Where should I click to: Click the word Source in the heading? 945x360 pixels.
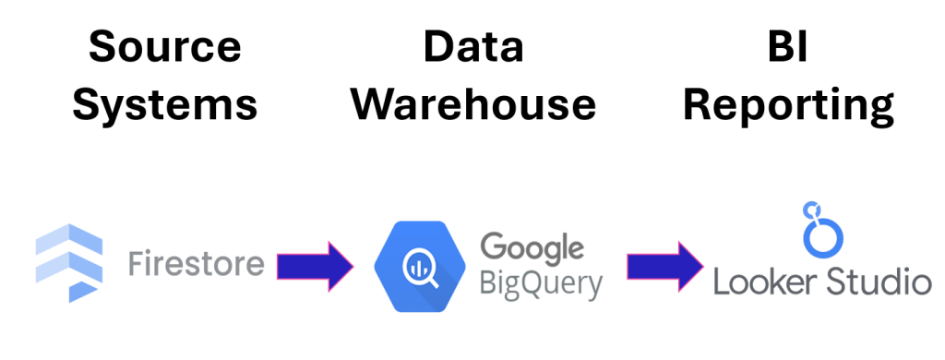click(x=165, y=47)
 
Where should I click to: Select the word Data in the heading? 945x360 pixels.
click(x=472, y=47)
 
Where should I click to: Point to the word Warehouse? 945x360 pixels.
click(x=472, y=104)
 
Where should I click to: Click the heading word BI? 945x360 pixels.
click(x=787, y=47)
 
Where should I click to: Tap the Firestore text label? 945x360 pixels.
click(x=194, y=266)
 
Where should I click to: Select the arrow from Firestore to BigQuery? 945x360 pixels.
click(x=314, y=266)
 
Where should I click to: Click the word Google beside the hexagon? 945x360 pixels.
click(x=532, y=247)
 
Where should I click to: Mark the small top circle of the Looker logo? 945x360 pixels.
click(x=812, y=209)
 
